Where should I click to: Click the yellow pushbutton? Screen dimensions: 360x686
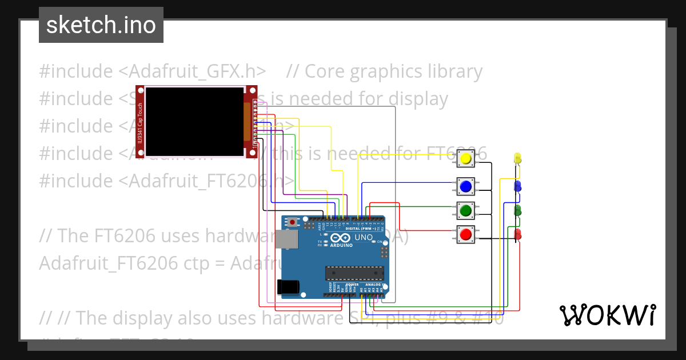[x=465, y=158]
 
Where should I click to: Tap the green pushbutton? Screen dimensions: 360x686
[x=465, y=210]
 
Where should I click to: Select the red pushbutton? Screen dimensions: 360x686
[x=465, y=234]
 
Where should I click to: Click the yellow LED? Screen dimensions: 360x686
[x=518, y=158]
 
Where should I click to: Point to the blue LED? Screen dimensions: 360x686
[x=518, y=186]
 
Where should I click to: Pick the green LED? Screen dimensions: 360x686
[x=518, y=210]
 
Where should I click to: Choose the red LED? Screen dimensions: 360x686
[x=518, y=234]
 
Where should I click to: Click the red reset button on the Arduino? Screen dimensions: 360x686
[x=293, y=221]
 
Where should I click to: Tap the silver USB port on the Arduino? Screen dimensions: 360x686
[x=286, y=239]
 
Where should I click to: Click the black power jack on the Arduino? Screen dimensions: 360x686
[x=287, y=286]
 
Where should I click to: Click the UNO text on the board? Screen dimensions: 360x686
[x=364, y=237]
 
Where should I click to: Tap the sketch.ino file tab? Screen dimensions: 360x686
[x=101, y=25]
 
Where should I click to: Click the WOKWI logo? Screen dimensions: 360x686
[x=607, y=315]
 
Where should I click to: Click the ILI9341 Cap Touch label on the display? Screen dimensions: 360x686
[x=139, y=121]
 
